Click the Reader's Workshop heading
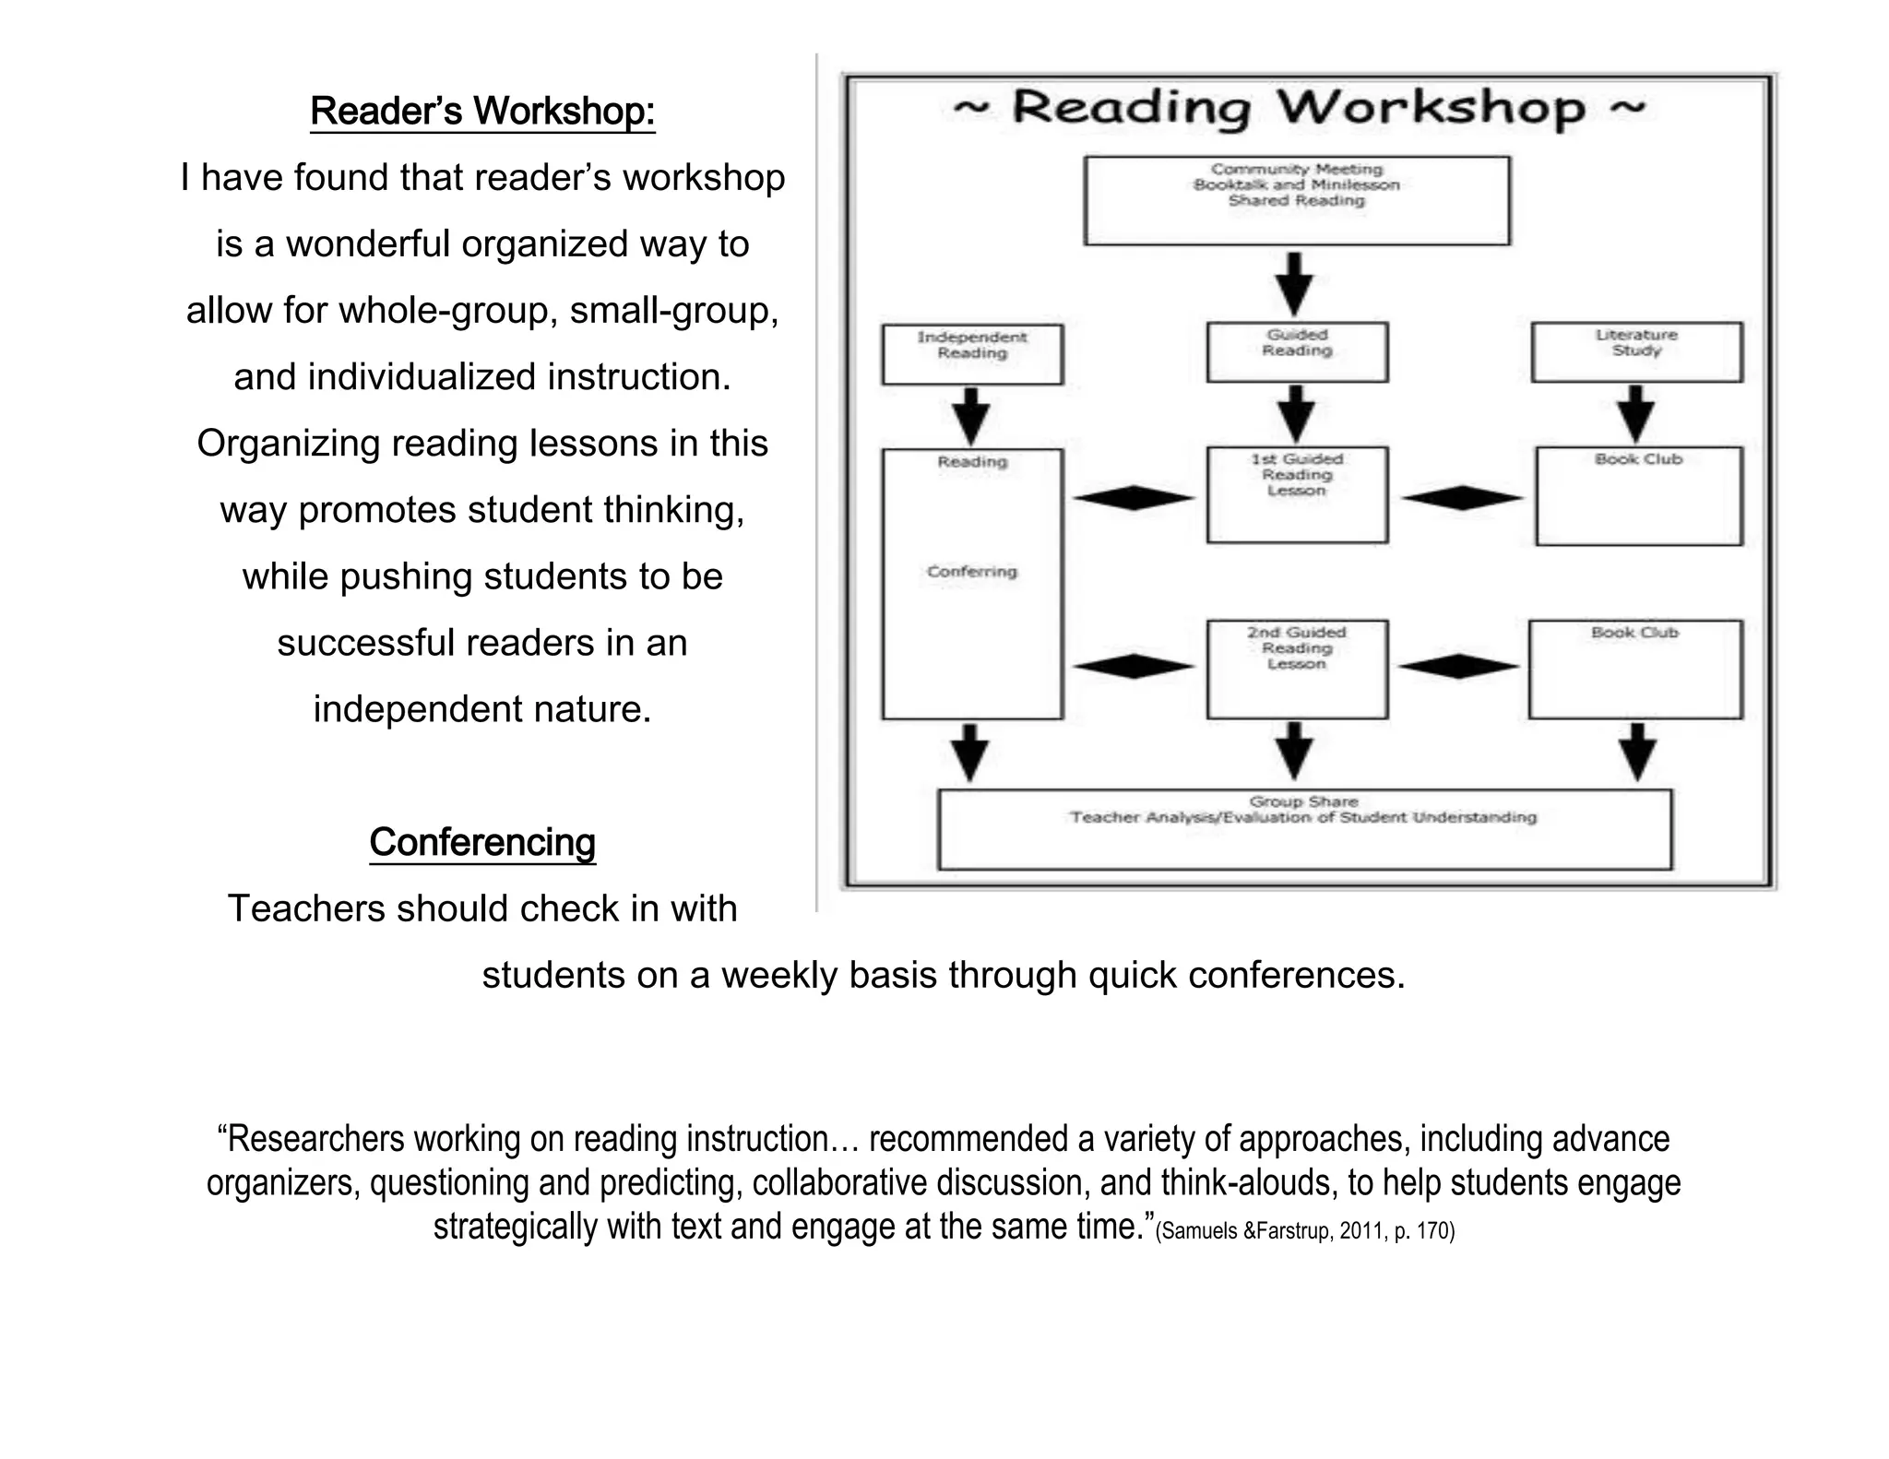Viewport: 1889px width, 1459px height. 482,111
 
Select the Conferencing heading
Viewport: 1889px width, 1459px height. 482,842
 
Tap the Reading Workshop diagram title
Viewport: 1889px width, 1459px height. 1299,108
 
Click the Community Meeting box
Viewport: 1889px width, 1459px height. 1297,200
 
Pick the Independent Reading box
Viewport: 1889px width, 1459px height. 972,353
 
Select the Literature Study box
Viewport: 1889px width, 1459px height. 1636,351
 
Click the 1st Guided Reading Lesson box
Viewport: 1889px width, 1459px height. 1297,494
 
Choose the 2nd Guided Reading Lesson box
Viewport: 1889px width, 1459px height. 1297,669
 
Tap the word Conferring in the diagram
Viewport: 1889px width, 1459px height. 972,572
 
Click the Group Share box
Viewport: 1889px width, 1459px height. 1304,828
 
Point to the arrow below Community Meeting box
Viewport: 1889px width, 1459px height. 1295,283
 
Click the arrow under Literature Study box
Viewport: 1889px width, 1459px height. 1635,414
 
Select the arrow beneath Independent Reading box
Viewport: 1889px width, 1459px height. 970,416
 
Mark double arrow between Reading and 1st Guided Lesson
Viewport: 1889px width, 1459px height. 1134,498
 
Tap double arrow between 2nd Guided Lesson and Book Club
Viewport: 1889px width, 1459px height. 1457,666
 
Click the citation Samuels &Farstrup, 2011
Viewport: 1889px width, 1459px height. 1304,1230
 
